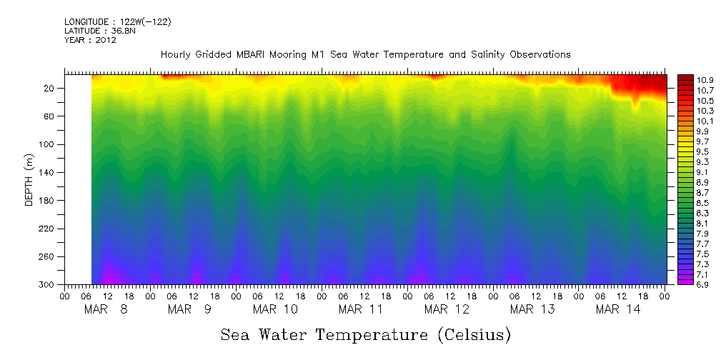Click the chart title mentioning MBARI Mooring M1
[365, 55]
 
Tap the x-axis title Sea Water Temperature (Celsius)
[365, 334]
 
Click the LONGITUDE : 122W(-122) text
[117, 22]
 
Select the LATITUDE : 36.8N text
[99, 31]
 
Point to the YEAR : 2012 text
[90, 41]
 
